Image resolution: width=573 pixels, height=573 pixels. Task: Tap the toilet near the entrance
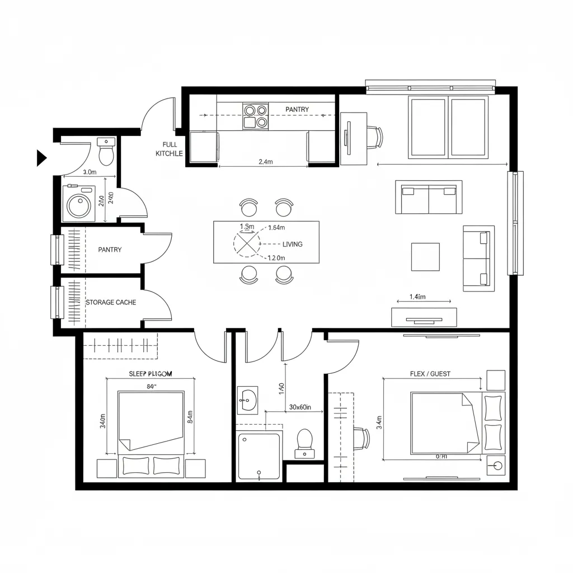click(x=106, y=151)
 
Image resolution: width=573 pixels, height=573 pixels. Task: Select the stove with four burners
click(x=255, y=116)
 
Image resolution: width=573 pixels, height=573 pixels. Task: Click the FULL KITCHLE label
click(x=169, y=149)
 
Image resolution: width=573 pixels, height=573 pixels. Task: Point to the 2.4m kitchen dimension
click(x=266, y=162)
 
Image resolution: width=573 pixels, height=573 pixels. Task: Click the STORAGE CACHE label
click(x=111, y=302)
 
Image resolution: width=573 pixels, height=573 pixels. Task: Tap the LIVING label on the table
click(x=292, y=245)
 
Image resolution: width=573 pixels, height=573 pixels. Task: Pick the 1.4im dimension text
click(x=417, y=297)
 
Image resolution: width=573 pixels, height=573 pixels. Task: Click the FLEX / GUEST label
click(x=430, y=374)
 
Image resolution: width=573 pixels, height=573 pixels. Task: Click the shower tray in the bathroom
click(x=259, y=456)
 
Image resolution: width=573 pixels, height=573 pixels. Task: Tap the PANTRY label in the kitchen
click(x=297, y=109)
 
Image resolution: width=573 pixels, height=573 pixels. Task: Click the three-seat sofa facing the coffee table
click(x=429, y=196)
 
